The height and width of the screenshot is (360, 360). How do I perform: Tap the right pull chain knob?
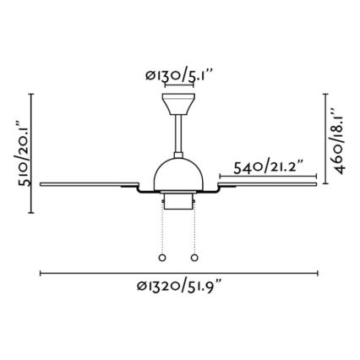coord(195,257)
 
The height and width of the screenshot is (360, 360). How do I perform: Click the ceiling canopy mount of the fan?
coord(178,104)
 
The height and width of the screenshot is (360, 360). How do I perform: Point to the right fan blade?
coord(270,179)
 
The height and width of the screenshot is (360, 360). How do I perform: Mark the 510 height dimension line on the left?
coord(32,152)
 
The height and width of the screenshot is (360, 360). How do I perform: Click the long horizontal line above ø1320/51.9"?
coord(178,273)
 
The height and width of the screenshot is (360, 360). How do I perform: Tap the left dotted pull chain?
coord(162,228)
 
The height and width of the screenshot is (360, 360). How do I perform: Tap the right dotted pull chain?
coord(195,228)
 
